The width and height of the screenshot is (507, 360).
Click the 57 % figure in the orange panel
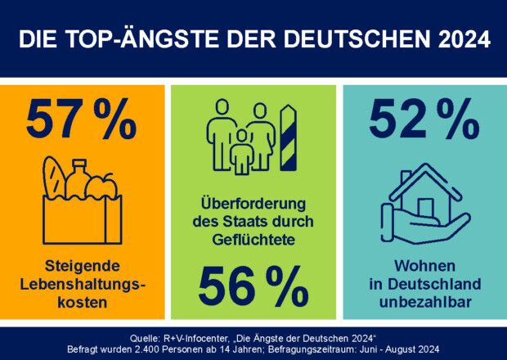coord(81,119)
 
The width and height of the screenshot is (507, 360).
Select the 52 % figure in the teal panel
coord(423,119)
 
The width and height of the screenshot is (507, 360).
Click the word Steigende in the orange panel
coord(83,267)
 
